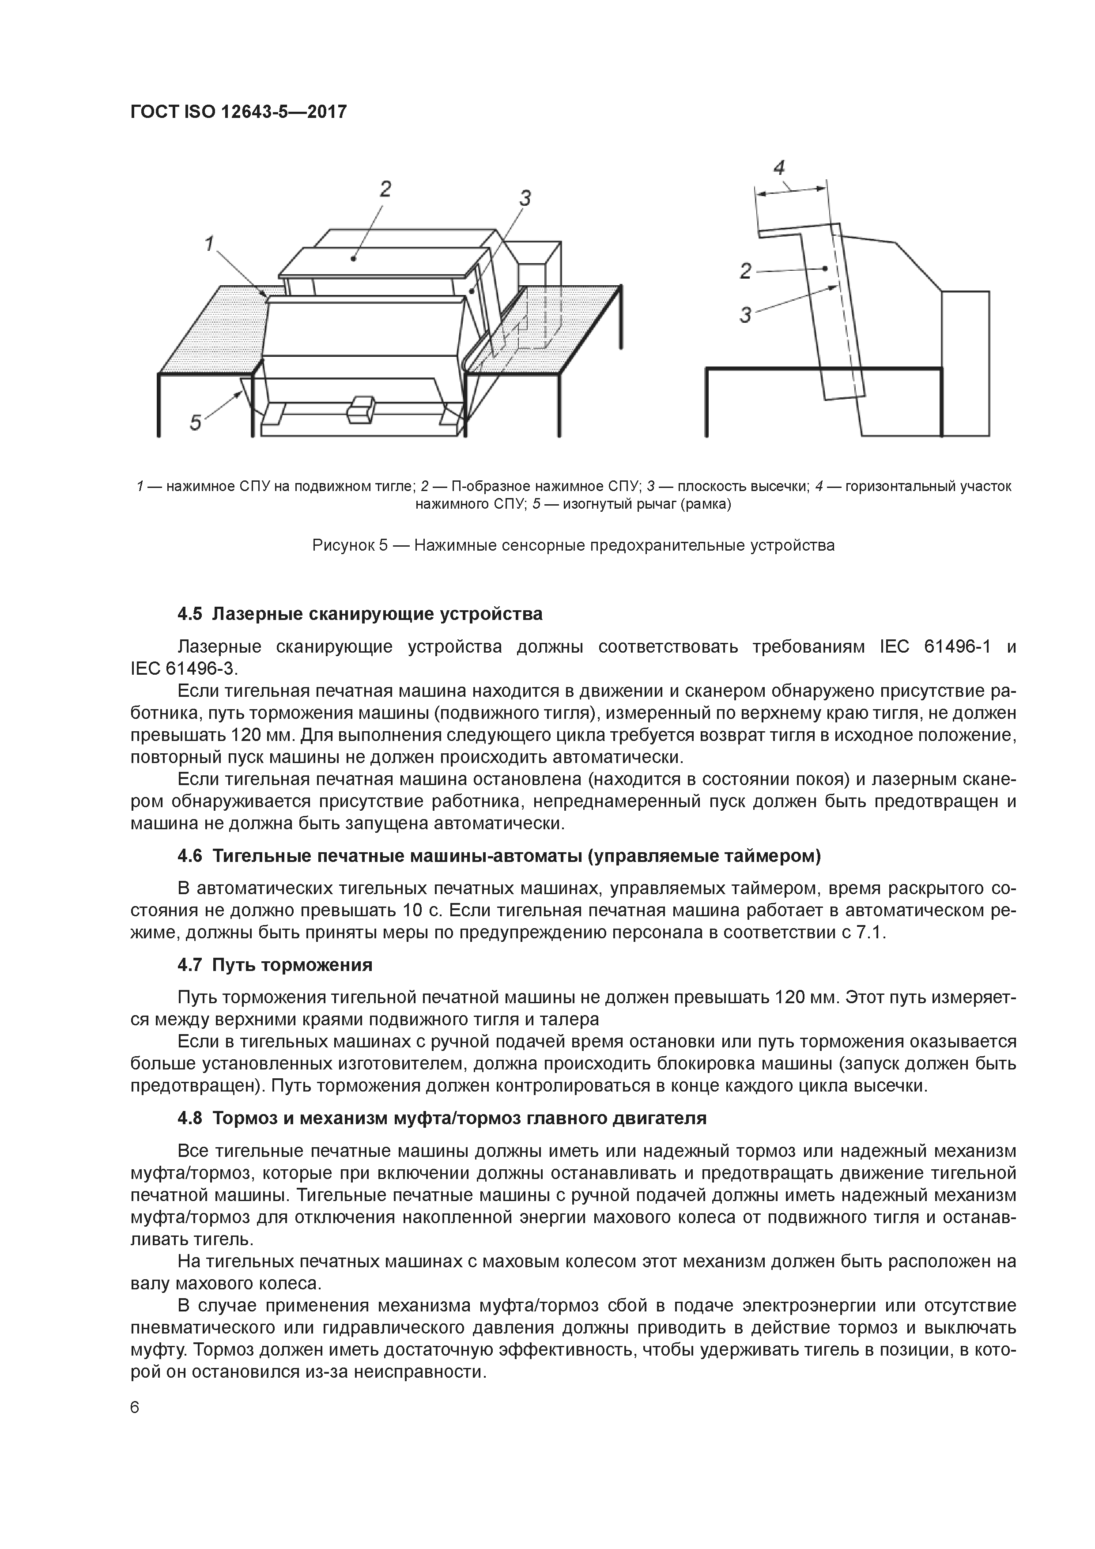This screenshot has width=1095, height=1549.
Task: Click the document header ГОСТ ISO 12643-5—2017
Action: [x=238, y=111]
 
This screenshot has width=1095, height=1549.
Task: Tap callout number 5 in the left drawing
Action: [x=196, y=423]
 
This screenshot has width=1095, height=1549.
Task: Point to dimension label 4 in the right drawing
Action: [x=779, y=167]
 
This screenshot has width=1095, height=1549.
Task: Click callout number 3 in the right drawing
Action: [x=745, y=314]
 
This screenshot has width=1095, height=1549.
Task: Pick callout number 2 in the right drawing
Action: [x=745, y=271]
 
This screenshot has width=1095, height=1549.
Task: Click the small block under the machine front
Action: [x=360, y=410]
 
